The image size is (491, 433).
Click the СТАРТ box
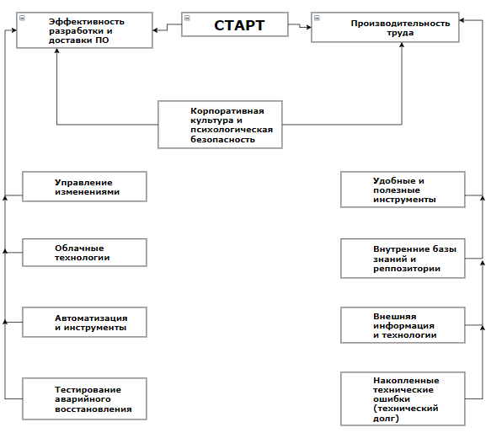[234, 24]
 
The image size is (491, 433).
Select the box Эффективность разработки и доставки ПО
[84, 30]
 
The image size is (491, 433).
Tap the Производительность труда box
[385, 27]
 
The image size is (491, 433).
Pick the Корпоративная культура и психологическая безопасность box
[220, 125]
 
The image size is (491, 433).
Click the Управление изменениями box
[84, 186]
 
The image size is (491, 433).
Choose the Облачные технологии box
[84, 253]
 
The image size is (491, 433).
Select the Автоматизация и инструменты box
[84, 322]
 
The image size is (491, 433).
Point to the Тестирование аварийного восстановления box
[84, 398]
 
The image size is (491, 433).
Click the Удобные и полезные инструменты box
[403, 190]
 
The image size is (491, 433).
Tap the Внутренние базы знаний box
[403, 259]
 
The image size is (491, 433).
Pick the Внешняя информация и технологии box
[403, 325]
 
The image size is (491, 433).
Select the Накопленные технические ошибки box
[403, 398]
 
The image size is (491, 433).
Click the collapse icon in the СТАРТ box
[187, 18]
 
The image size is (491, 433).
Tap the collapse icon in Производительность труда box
[317, 18]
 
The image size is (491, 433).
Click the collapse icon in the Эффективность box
[22, 18]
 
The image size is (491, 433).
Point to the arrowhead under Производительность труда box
[402, 45]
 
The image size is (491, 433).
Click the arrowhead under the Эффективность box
[56, 51]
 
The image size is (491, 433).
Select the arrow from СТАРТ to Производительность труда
[300, 25]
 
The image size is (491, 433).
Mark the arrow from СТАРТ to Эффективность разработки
[168, 27]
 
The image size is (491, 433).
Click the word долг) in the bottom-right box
[386, 419]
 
